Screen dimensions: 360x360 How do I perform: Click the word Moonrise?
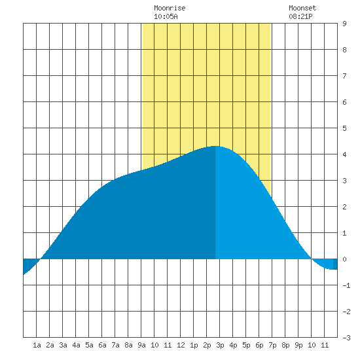pos(170,8)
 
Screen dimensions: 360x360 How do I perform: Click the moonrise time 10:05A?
pos(166,16)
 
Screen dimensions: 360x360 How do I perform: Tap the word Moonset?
pos(302,8)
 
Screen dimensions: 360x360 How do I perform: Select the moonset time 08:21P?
pos(300,16)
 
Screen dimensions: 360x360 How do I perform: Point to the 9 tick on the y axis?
pos(344,24)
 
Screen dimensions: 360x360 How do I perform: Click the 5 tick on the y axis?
pos(344,128)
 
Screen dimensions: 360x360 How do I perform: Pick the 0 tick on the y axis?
pos(344,259)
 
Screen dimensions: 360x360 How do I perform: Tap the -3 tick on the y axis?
pos(346,338)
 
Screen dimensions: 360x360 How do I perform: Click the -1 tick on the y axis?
pos(346,285)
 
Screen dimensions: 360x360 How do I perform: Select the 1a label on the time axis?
pos(37,345)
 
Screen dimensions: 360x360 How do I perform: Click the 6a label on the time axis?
pos(102,345)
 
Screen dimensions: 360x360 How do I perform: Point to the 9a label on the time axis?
pos(141,345)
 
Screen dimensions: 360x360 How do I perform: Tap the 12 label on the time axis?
pos(181,345)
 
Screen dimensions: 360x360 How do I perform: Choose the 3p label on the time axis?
pos(220,345)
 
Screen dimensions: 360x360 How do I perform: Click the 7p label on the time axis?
pos(272,345)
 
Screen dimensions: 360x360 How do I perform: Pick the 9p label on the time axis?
pos(298,345)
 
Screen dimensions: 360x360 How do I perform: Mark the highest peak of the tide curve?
pos(215,146)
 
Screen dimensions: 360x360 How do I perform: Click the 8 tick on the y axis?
pos(344,50)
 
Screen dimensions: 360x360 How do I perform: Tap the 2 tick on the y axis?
pos(344,207)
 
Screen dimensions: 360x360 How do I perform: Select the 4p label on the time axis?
pos(233,345)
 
